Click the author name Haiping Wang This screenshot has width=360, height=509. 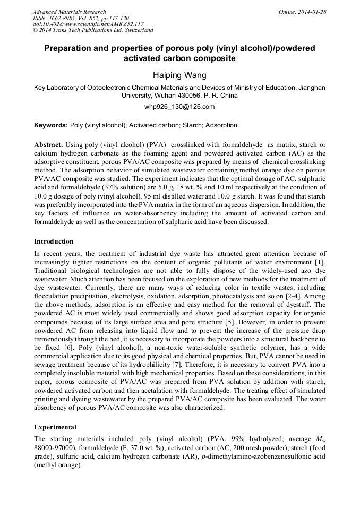[x=179, y=76]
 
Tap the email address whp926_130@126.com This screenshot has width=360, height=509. [x=179, y=106]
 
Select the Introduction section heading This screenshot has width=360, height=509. [x=54, y=241]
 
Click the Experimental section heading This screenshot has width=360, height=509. [x=55, y=427]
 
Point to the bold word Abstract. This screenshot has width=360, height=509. [x=49, y=144]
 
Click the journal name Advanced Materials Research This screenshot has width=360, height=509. [x=69, y=12]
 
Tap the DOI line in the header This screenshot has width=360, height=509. [x=88, y=24]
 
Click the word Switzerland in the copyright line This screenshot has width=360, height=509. [x=139, y=30]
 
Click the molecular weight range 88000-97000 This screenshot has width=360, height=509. [x=53, y=448]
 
